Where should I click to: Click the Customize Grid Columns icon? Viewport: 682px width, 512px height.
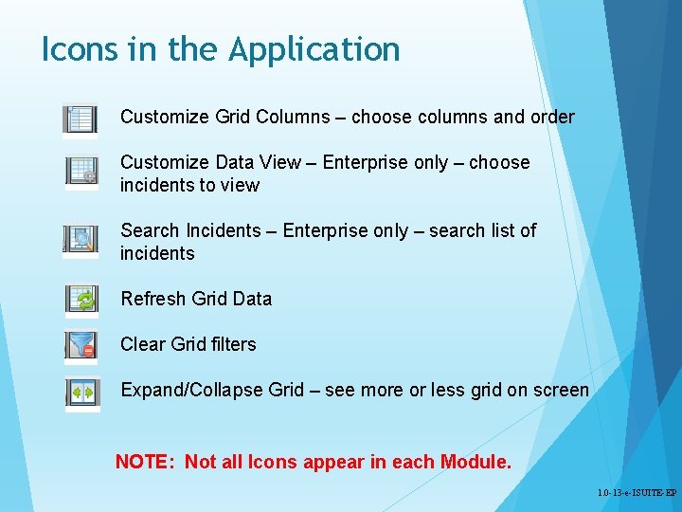click(x=81, y=119)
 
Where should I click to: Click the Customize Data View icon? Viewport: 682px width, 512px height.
click(x=81, y=171)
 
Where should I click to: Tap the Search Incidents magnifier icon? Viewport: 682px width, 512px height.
click(x=81, y=239)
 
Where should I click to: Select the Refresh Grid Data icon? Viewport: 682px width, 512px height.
click(x=81, y=299)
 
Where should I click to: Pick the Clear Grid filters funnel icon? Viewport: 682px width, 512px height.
click(x=81, y=344)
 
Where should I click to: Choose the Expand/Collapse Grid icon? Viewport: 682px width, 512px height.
click(x=81, y=391)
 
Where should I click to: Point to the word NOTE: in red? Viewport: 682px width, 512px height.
click(x=145, y=462)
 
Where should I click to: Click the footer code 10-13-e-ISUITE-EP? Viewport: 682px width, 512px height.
click(x=637, y=494)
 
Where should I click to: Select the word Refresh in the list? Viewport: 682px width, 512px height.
click(x=153, y=299)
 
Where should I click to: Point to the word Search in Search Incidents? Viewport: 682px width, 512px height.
click(x=150, y=230)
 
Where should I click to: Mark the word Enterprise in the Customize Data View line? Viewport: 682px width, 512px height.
click(x=365, y=162)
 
